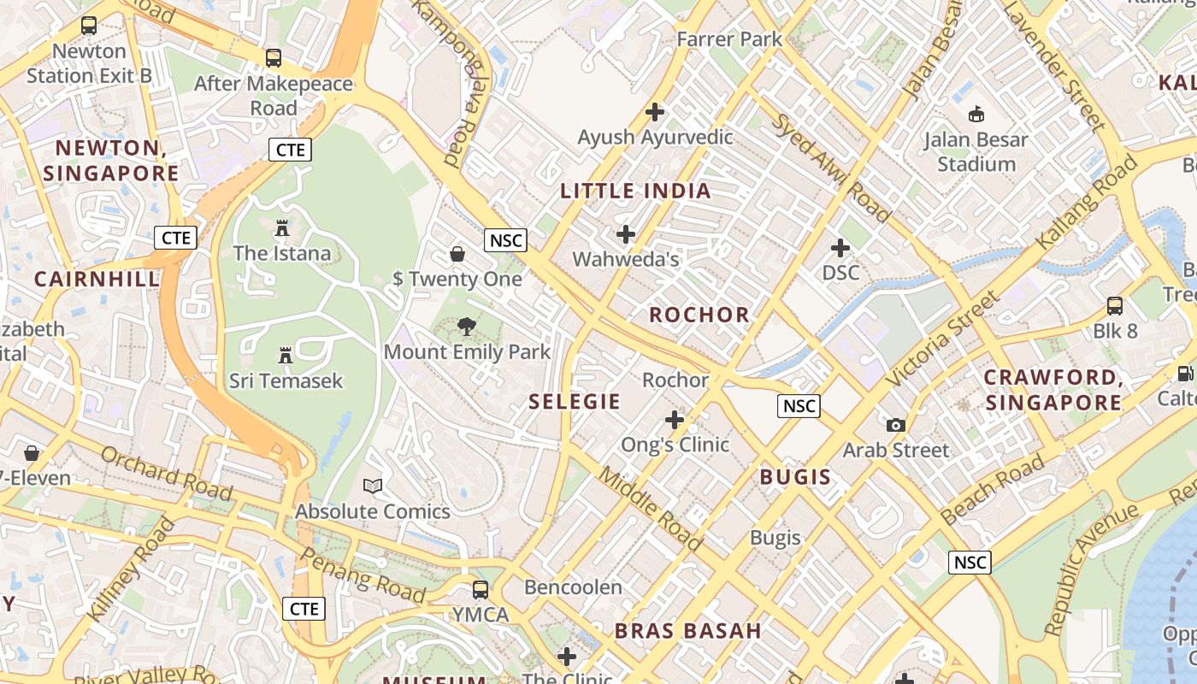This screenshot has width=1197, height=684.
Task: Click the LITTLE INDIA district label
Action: (635, 191)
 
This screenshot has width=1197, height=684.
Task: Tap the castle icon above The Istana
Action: (282, 228)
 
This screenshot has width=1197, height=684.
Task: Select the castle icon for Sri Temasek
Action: (286, 356)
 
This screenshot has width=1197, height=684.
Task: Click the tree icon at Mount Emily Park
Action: (467, 326)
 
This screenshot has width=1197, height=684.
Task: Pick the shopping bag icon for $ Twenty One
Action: (457, 254)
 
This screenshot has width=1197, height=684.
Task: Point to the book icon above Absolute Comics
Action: (373, 486)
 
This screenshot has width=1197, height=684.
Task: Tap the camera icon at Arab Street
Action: (895, 425)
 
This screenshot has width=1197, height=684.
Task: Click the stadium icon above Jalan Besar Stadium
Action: (976, 114)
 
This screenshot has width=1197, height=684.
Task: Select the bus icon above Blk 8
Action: (1115, 305)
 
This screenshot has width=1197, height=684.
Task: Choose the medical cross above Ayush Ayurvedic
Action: (655, 112)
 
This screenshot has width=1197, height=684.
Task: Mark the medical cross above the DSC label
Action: (840, 248)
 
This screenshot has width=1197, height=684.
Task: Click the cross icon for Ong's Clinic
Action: (675, 420)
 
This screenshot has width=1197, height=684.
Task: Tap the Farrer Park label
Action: (729, 38)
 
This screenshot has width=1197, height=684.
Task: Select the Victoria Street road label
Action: (942, 338)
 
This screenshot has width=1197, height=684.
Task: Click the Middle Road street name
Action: (650, 508)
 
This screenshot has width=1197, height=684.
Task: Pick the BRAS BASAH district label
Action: (687, 631)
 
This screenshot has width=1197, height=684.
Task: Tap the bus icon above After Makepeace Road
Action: (274, 58)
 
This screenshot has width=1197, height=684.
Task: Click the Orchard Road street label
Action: (167, 473)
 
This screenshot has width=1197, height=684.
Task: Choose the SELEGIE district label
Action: (575, 401)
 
